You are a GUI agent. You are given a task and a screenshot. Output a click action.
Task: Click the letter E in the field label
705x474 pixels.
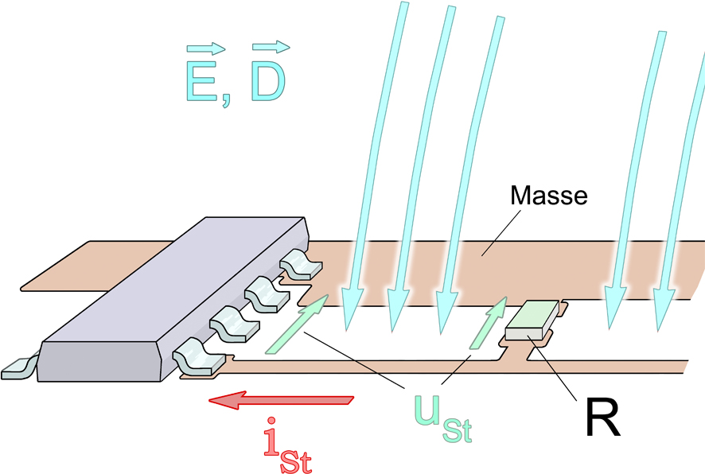(x=201, y=80)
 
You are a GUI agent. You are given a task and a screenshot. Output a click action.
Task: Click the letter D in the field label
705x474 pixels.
(x=268, y=80)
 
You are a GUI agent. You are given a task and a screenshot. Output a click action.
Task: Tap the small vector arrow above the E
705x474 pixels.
(x=205, y=48)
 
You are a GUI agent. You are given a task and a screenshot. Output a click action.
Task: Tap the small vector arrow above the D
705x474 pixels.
(x=271, y=47)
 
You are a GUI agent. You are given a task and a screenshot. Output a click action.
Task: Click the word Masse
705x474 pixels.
(x=548, y=196)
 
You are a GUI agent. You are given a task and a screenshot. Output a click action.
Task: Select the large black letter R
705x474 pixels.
(x=602, y=417)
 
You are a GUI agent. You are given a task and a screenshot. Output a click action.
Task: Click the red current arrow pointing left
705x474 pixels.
(x=281, y=400)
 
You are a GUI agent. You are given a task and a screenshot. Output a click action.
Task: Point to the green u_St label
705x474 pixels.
(x=443, y=418)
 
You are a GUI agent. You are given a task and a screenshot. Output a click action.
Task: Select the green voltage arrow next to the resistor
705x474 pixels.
(x=489, y=322)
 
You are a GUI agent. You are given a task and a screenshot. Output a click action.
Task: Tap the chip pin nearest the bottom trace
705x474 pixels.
(x=198, y=357)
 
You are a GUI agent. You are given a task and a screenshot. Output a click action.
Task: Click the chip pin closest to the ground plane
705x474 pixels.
(x=300, y=264)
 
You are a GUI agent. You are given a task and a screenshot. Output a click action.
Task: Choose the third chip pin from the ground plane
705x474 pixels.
(x=234, y=323)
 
